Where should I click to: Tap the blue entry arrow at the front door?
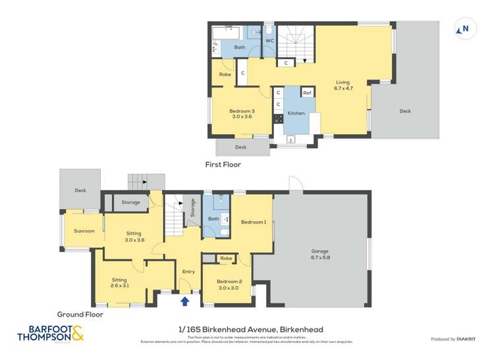tap(185, 301)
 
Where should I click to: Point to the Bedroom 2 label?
tap(227, 284)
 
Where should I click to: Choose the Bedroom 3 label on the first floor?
tap(241, 114)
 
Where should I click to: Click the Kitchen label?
tap(296, 113)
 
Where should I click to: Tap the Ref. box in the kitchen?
tap(307, 93)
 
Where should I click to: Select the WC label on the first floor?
tap(269, 41)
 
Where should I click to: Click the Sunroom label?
tap(84, 231)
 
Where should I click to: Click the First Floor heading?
tap(222, 165)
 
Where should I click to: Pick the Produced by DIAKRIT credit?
tap(453, 339)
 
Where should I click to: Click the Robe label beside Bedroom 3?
tap(225, 74)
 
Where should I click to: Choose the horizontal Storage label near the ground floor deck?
tap(130, 202)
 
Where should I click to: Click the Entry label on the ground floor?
tap(188, 271)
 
